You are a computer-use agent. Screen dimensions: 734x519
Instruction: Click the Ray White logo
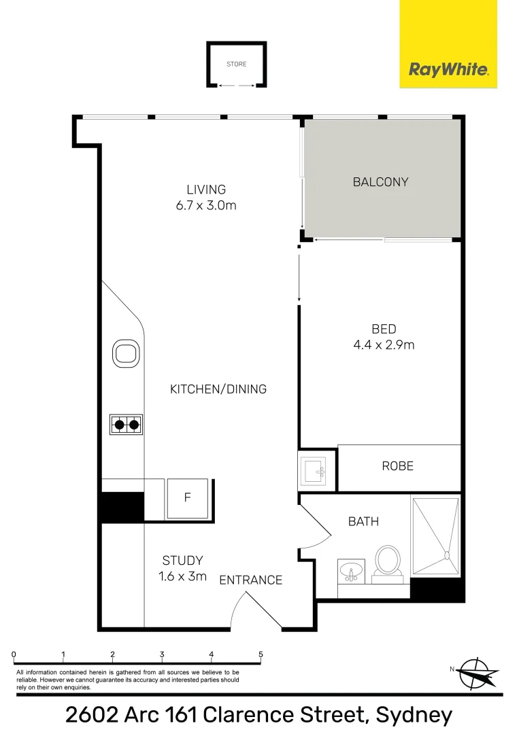pos(448,69)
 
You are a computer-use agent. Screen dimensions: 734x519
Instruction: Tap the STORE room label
pos(237,65)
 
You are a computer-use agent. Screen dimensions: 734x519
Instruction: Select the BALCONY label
pos(380,182)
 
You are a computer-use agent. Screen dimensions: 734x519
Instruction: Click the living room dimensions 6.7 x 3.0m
pos(206,205)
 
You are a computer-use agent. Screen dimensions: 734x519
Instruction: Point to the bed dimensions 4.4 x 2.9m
pos(384,345)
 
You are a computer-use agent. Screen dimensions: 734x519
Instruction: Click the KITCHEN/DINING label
pos(218,389)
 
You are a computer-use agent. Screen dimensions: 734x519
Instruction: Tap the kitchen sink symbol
pos(126,353)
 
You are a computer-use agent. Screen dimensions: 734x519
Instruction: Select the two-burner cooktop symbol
pos(126,425)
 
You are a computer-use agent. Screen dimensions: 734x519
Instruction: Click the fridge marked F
pos(188,498)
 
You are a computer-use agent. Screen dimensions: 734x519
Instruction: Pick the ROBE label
pos(397,466)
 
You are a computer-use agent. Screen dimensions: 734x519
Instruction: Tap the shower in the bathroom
pos(435,537)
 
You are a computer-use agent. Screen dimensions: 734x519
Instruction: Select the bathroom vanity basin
pos(351,571)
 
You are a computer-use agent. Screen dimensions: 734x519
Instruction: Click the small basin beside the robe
pos(316,469)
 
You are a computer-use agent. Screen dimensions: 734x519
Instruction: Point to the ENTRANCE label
pos(250,580)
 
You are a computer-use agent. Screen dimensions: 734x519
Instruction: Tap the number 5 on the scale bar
pos(261,655)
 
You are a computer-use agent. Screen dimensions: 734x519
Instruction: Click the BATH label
pos(363,521)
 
